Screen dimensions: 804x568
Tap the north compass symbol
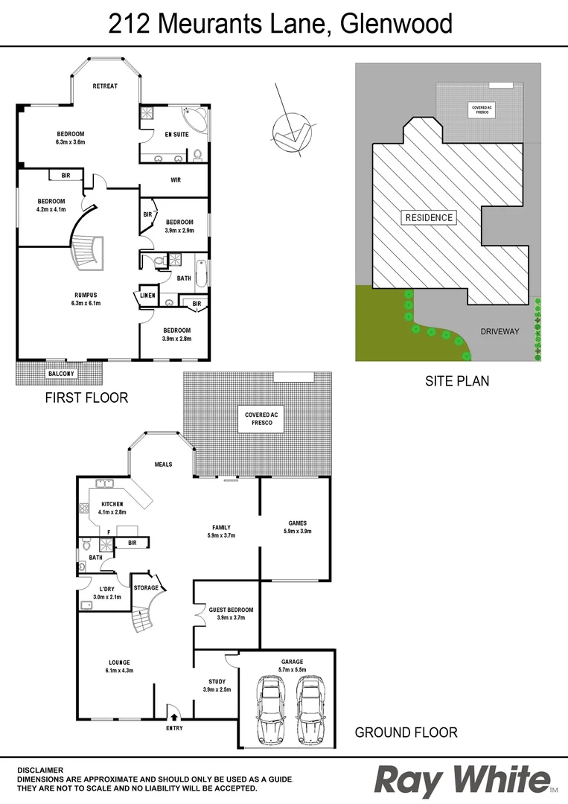287,132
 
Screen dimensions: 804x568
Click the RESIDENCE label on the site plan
428,218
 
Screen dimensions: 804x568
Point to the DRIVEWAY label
500,330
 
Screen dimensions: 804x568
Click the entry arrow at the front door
173,712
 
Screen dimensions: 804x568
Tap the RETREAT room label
105,86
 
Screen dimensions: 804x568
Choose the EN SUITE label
176,134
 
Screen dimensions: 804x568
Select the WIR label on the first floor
176,180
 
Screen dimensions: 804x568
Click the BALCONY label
60,373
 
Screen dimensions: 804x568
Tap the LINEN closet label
147,296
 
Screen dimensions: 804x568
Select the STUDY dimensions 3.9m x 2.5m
217,689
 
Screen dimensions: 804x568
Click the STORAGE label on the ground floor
146,587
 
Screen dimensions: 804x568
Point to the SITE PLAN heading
457,381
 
